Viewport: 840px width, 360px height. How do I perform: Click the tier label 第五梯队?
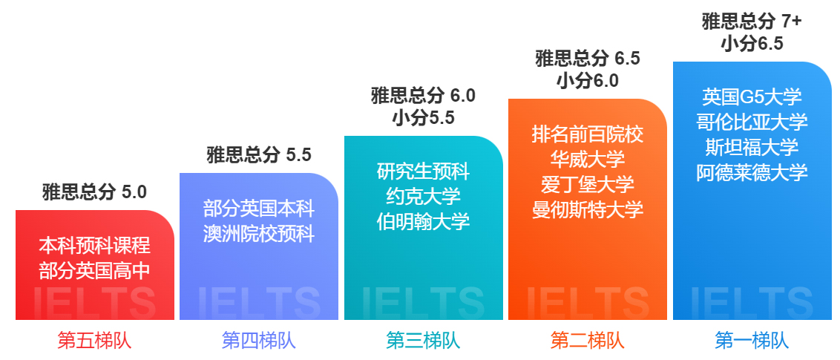[x=94, y=341]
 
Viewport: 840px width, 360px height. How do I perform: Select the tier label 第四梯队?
[x=259, y=341]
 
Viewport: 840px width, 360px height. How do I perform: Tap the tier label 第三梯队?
[x=423, y=341]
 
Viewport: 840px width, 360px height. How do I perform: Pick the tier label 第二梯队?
[x=588, y=341]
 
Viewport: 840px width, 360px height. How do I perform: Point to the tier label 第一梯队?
[x=752, y=341]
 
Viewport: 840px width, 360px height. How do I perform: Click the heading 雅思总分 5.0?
[x=94, y=192]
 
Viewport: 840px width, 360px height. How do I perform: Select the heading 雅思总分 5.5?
[x=259, y=155]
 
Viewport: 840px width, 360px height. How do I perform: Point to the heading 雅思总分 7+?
[x=752, y=22]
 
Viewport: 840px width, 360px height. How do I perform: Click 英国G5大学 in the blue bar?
[x=752, y=97]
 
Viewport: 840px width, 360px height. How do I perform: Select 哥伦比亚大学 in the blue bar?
[x=752, y=122]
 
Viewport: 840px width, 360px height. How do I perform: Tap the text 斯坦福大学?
[x=752, y=147]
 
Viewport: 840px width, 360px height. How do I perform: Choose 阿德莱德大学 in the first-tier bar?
[x=752, y=172]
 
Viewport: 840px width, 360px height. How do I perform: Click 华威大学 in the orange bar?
[x=588, y=159]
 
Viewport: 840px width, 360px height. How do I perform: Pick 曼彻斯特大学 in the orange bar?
[x=588, y=209]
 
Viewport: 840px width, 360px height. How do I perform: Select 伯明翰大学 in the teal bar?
[x=423, y=221]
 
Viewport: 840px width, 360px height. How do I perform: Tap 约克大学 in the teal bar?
[x=423, y=196]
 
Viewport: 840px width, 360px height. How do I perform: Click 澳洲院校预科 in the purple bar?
[x=259, y=234]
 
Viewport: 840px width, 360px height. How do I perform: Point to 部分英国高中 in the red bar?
[x=94, y=270]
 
